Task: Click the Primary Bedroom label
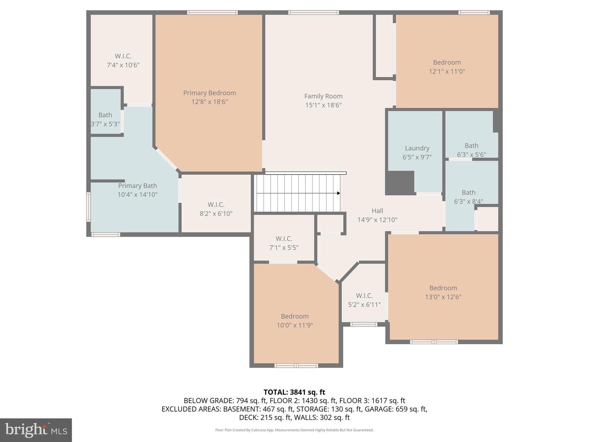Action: coord(209,93)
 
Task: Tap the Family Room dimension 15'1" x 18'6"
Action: coord(323,105)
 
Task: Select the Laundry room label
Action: coord(417,148)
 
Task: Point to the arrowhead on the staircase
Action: coord(338,193)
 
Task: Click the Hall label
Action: coord(377,211)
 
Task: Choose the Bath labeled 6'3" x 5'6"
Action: coord(471,150)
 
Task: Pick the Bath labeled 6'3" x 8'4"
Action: coord(468,197)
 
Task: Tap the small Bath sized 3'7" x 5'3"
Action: coord(105,120)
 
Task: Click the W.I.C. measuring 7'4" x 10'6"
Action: coord(123,61)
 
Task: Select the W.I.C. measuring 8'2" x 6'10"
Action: coord(216,209)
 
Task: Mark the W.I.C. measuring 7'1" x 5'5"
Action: coord(284,243)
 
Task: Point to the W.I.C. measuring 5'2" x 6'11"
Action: coord(364,300)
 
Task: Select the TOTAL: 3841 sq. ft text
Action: coord(294,392)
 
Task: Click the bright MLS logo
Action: coord(36,430)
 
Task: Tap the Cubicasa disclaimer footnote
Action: coord(294,430)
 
